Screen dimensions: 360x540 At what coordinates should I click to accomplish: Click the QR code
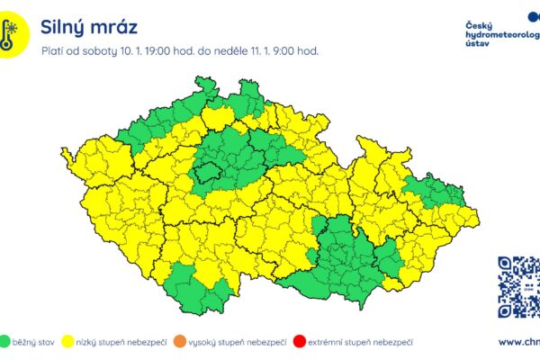(x=518, y=287)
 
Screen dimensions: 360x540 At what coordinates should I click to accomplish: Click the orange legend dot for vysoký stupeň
(x=181, y=342)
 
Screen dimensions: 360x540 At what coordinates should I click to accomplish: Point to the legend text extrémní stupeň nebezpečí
(x=360, y=342)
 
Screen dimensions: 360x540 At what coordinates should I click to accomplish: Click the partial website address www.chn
(x=518, y=342)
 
